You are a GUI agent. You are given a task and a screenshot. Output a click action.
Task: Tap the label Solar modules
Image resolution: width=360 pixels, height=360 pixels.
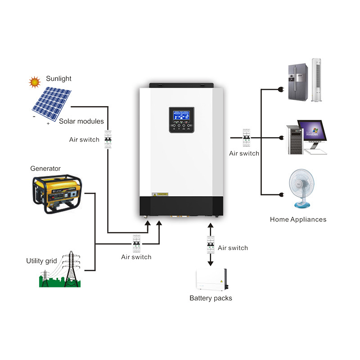coord(81,121)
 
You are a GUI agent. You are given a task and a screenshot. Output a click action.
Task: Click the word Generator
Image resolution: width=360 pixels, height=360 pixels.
coord(45,169)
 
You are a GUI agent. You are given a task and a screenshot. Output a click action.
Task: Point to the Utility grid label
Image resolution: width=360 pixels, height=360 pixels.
coord(41,261)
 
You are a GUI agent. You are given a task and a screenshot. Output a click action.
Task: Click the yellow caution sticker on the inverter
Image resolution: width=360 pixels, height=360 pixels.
coord(160,194)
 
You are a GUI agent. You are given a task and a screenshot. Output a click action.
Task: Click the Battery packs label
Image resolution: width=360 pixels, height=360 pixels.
coord(211,298)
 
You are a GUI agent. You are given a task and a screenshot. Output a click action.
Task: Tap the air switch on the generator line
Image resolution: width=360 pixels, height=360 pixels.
coord(136,243)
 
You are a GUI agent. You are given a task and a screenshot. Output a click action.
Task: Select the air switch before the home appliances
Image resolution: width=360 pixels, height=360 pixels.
coord(246,137)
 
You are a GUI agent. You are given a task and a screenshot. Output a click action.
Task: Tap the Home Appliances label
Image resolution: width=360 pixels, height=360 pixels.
coord(298,220)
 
